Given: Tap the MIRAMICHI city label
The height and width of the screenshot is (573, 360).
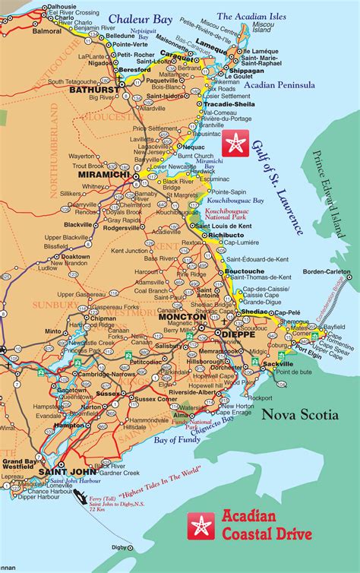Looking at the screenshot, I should point(99,174).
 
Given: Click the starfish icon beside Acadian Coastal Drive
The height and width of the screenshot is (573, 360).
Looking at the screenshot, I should point(199,526).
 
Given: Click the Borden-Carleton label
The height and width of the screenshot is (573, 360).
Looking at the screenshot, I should point(327,271).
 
